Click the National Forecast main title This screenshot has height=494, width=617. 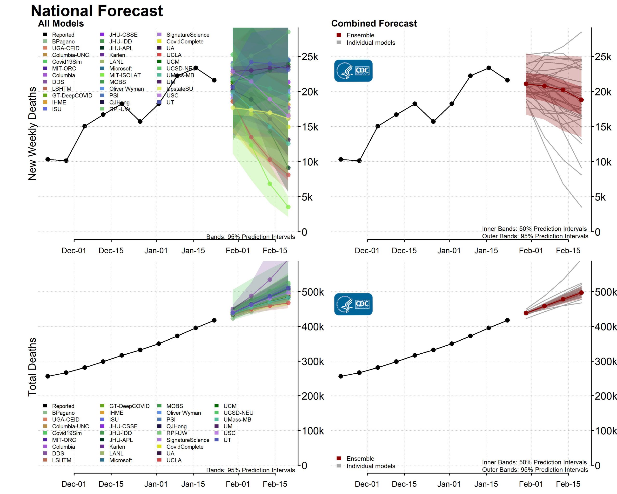tap(96, 11)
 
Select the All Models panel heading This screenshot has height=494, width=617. tap(61, 23)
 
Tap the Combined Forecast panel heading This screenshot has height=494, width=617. tap(374, 23)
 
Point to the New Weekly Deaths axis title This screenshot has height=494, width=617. tap(32, 133)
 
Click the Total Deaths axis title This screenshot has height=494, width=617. tap(32, 367)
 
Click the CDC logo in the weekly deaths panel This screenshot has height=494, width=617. tap(353, 71)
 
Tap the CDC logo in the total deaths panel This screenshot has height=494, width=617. tap(353, 304)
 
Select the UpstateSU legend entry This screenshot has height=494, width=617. tap(179, 89)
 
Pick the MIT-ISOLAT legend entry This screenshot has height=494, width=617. tap(125, 75)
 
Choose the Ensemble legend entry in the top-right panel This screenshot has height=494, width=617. tap(360, 35)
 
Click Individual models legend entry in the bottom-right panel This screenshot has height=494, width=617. tap(371, 466)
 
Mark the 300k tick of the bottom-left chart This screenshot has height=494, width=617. tap(313, 362)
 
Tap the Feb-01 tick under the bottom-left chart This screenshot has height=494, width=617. tap(238, 484)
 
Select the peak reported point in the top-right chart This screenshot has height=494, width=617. tap(489, 68)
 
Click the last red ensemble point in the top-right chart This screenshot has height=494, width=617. tap(581, 100)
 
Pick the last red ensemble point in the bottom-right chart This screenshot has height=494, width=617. tap(581, 293)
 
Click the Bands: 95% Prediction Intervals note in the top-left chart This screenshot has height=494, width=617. tap(250, 237)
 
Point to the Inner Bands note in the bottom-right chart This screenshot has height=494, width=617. tap(534, 462)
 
